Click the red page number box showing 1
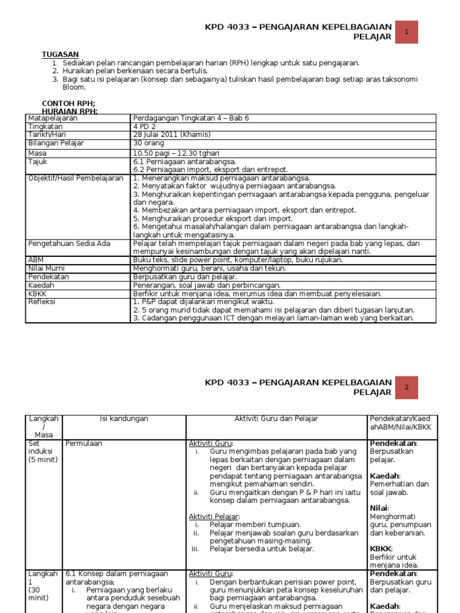(407, 32)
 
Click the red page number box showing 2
(407, 387)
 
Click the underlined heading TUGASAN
(60, 54)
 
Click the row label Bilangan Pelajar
(56, 144)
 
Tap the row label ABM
(36, 260)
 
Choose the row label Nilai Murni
(47, 269)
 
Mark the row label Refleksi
(42, 302)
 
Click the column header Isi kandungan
(123, 419)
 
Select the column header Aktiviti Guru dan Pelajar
(276, 419)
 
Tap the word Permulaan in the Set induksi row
(84, 444)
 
